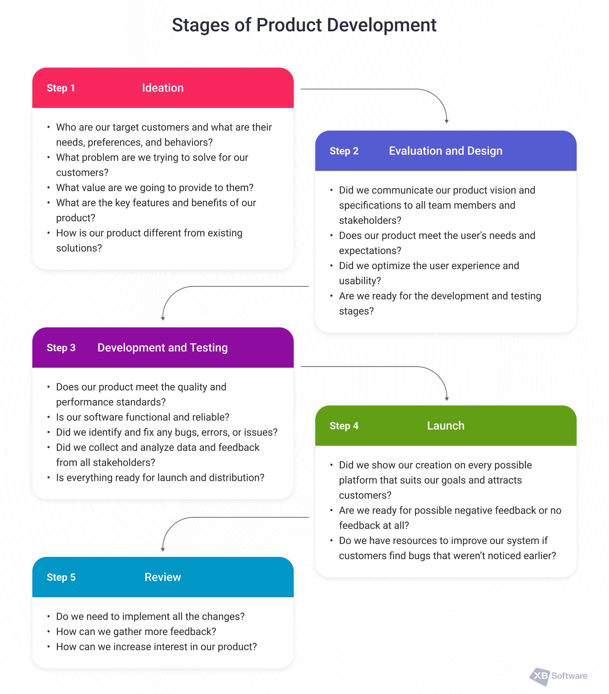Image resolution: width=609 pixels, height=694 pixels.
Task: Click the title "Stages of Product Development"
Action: coord(304,25)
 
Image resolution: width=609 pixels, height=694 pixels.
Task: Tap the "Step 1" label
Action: coord(61,88)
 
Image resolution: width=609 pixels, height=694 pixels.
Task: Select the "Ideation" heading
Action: coord(163,88)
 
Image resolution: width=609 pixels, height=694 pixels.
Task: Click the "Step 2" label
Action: coord(344,151)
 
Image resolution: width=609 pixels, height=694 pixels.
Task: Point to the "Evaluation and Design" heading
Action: coord(446,151)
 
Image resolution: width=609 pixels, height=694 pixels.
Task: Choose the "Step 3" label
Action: coord(61,348)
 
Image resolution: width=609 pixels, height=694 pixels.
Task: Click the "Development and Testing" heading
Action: coord(162,348)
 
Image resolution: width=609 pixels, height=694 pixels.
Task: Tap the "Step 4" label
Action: coord(344,426)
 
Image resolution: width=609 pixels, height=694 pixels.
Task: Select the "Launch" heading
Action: coord(446,426)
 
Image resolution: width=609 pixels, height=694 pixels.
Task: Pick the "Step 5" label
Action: coord(61,577)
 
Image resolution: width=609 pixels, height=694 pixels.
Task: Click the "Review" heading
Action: coord(163,577)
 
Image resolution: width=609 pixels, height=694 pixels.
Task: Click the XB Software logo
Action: coord(558,676)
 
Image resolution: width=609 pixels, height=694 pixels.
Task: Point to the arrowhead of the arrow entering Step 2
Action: coord(447,122)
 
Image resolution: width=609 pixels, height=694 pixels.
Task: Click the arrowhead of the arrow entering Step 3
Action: coord(163,319)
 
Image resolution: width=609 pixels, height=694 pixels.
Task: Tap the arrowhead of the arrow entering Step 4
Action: coord(447,399)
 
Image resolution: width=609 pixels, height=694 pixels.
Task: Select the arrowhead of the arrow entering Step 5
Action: coord(163,550)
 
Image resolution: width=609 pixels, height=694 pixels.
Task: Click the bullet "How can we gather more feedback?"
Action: coord(136,632)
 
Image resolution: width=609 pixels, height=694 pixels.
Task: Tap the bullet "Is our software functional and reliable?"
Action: coord(143,417)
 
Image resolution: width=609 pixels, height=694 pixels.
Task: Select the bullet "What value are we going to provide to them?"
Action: coord(155,188)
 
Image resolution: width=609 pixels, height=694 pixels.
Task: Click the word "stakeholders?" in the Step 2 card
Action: coord(370,221)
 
